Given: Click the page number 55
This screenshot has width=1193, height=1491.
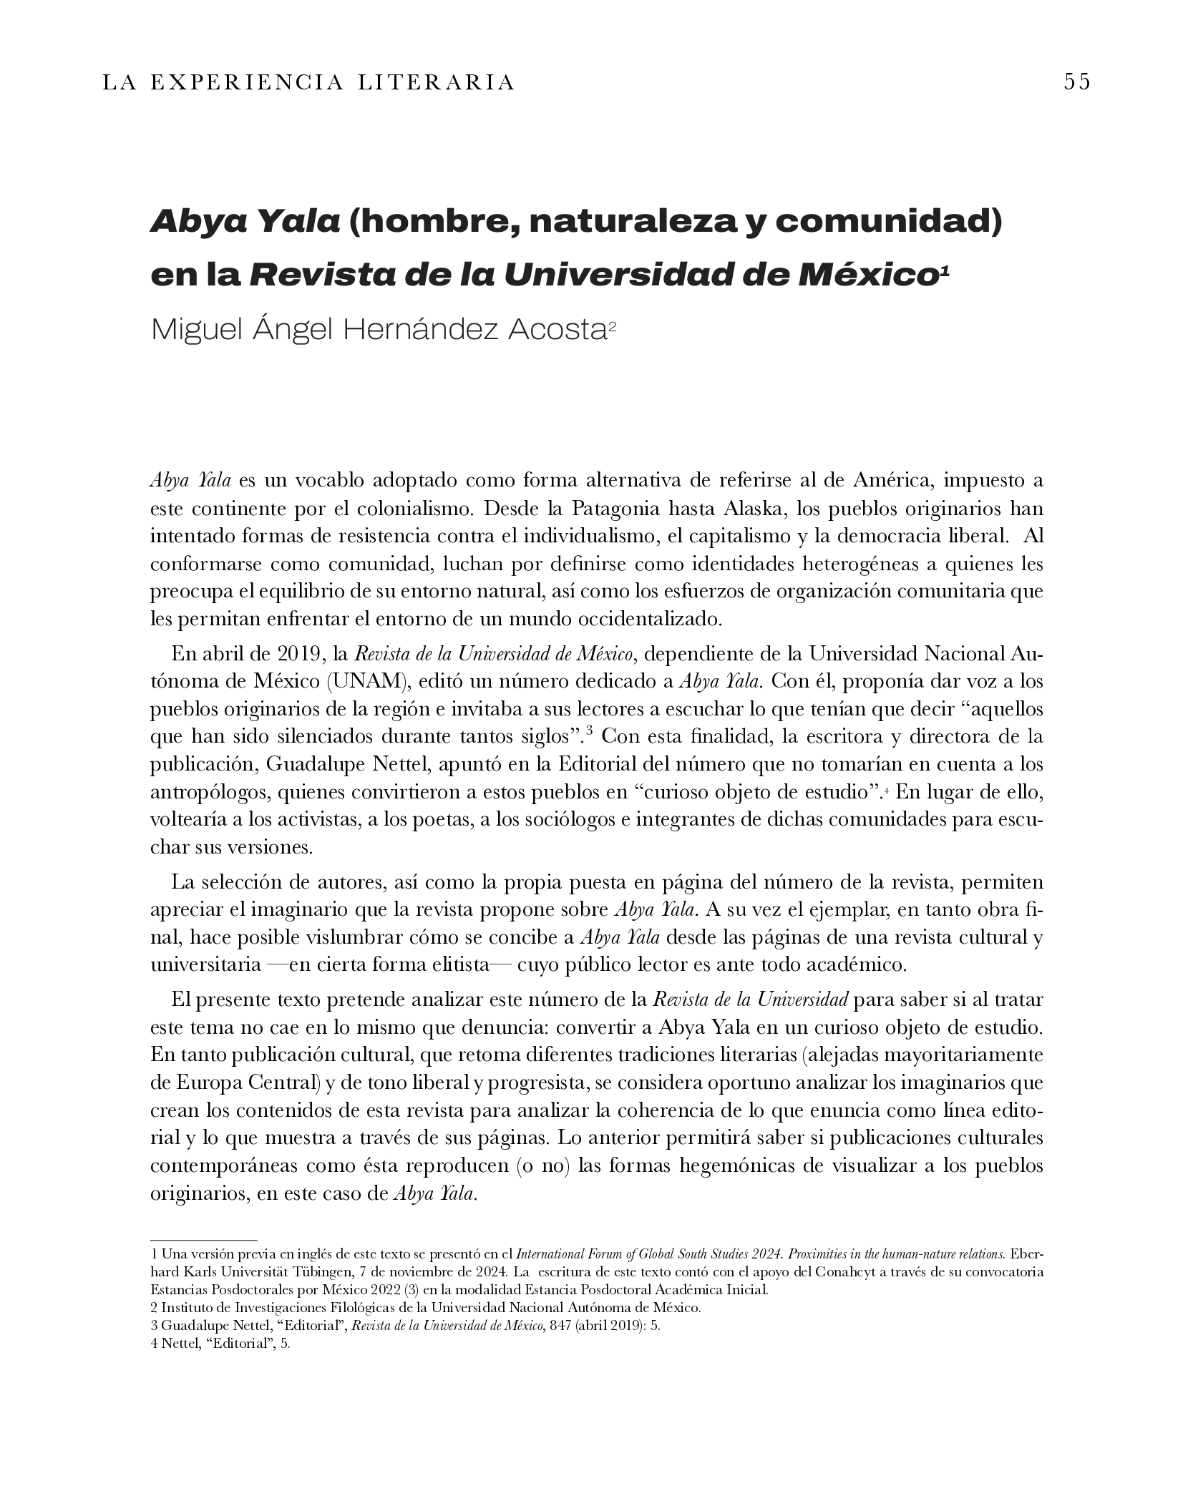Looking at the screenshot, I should click(x=1076, y=82).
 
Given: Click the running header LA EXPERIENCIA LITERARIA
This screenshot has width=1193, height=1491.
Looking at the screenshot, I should click(x=308, y=83).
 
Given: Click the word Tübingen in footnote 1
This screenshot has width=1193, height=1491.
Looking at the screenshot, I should click(x=334, y=1272).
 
